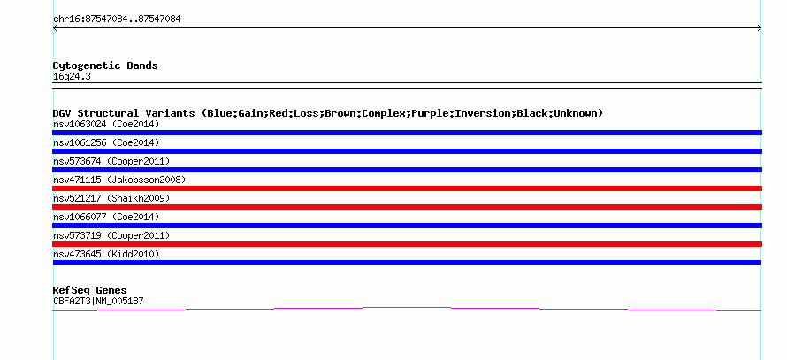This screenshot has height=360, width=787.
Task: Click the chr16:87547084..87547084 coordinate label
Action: [117, 19]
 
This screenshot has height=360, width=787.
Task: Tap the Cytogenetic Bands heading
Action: [105, 65]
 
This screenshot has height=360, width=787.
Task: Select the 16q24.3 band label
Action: [72, 77]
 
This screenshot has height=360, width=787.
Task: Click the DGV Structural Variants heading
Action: [328, 113]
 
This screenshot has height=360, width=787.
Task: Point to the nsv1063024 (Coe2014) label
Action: [106, 124]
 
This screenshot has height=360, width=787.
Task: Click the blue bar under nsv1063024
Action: [407, 133]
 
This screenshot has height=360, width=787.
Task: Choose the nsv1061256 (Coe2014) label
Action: [106, 142]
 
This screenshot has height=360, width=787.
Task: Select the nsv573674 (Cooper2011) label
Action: [111, 161]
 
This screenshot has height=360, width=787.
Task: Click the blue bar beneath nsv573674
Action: [407, 170]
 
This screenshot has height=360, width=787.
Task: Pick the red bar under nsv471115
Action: [407, 188]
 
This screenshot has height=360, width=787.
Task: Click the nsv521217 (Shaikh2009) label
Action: [111, 198]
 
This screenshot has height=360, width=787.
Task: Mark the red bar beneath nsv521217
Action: [407, 207]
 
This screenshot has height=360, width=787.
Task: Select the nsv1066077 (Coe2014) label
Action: [106, 217]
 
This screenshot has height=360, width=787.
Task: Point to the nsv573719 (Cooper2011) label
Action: [111, 235]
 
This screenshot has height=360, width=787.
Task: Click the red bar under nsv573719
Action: [407, 244]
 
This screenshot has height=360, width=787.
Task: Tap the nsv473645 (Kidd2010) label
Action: [106, 254]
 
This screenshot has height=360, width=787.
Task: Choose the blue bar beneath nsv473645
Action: [407, 263]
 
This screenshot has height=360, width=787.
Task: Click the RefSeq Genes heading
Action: [89, 290]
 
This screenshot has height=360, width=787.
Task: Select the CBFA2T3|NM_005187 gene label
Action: [98, 302]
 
